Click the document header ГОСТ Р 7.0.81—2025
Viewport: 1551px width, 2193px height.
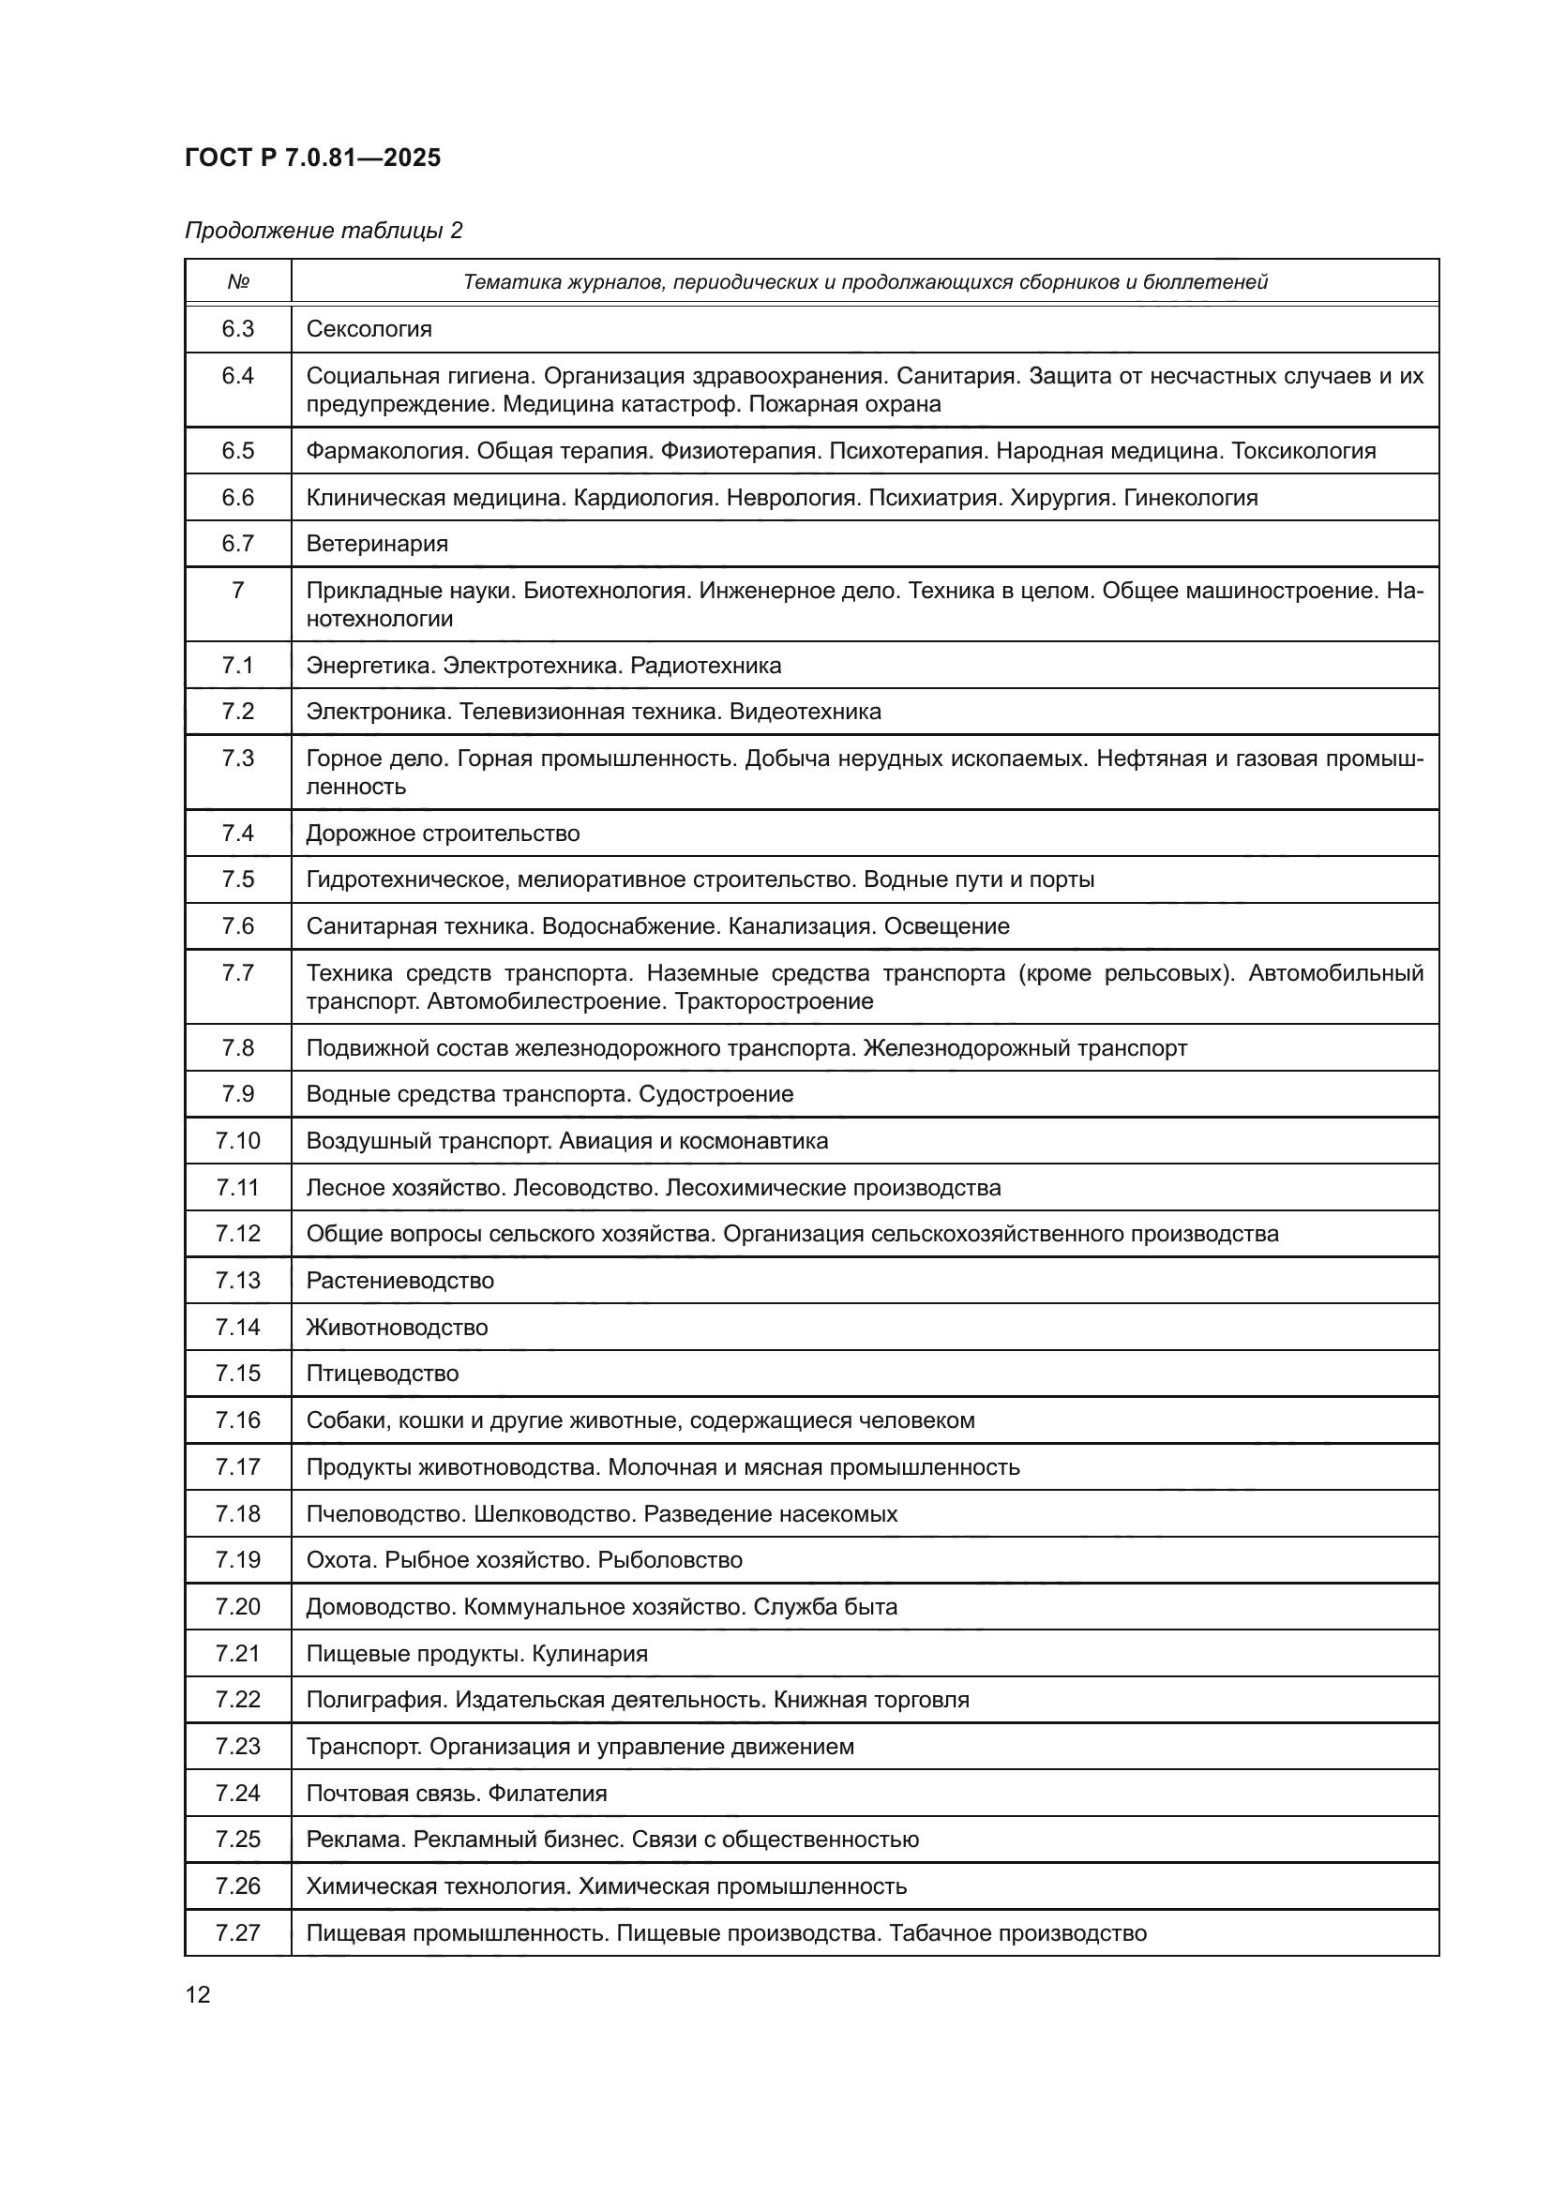[312, 158]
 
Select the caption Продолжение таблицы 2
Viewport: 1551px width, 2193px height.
[323, 231]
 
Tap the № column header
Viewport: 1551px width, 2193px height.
[238, 283]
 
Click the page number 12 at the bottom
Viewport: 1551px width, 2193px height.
[198, 1994]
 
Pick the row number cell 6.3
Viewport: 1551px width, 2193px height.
[238, 329]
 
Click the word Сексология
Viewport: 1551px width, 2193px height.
[369, 329]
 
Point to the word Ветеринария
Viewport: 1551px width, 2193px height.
[376, 545]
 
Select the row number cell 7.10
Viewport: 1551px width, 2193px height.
[238, 1141]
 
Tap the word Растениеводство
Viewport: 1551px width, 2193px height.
[399, 1281]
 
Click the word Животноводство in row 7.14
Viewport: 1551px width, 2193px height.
[397, 1328]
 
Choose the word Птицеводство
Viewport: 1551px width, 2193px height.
[382, 1374]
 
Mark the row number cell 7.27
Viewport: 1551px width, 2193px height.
[238, 1933]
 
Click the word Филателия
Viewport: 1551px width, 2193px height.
[548, 1794]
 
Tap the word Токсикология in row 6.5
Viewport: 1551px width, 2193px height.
[1303, 451]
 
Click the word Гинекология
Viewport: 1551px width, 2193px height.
[1190, 498]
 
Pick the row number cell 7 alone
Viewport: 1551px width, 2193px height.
[238, 591]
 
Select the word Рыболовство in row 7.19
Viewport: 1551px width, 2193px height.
[670, 1561]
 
